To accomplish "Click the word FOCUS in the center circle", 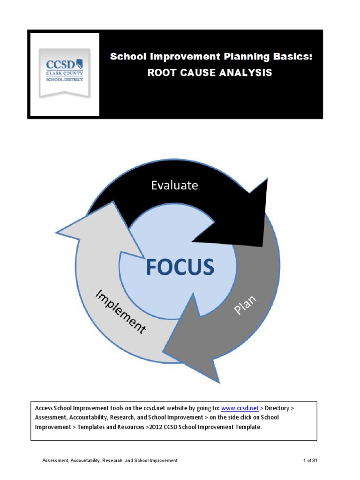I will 180,267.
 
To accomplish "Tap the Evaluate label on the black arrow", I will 174,185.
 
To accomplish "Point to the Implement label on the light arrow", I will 120,311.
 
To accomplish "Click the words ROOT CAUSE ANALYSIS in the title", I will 210,73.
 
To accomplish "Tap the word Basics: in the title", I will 292,57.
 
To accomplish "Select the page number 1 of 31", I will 310,461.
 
